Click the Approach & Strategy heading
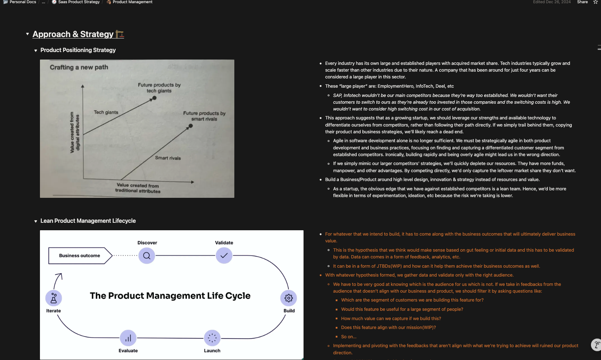click(73, 34)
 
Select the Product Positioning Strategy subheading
click(78, 50)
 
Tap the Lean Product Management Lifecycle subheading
click(88, 221)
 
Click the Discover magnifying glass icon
click(147, 256)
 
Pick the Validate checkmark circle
click(224, 256)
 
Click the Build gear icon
click(289, 298)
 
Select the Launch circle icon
click(212, 338)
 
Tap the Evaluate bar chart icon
click(128, 338)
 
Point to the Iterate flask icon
click(54, 298)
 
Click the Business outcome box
click(80, 256)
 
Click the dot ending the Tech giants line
click(154, 98)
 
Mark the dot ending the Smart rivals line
click(191, 126)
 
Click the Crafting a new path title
click(79, 67)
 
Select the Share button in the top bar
click(582, 2)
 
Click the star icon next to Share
click(595, 2)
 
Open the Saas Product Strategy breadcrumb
click(78, 2)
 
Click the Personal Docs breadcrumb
click(22, 2)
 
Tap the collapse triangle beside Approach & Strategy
click(27, 34)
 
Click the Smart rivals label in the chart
click(168, 158)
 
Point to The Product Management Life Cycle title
click(170, 296)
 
